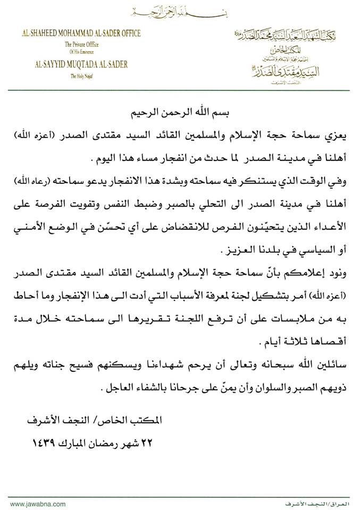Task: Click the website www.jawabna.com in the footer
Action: point(38,503)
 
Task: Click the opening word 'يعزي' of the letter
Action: point(339,137)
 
